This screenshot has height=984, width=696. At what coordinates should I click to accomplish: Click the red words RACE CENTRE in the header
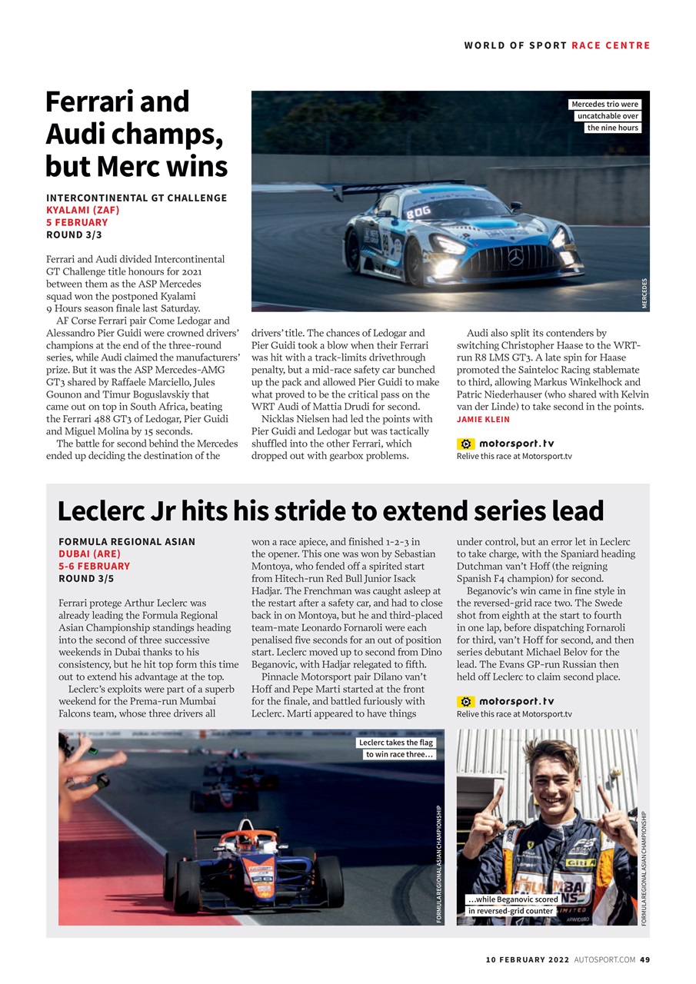611,45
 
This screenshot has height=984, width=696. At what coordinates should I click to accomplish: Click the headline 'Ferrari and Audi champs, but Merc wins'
136,134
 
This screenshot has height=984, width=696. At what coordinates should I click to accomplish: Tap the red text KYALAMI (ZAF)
82,210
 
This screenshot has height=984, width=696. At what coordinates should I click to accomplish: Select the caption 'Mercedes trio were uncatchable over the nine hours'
605,116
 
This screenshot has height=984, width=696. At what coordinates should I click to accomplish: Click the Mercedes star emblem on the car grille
515,257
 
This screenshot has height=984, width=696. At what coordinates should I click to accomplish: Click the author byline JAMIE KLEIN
482,419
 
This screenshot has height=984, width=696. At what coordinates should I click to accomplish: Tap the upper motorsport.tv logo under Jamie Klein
505,444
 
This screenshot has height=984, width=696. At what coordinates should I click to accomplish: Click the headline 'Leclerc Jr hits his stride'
331,510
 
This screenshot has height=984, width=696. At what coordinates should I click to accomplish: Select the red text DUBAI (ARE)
89,553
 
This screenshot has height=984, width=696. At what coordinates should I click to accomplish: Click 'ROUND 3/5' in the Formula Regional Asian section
86,578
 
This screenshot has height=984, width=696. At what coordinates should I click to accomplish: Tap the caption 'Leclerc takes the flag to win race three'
397,748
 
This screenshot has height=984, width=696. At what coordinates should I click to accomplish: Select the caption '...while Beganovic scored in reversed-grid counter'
513,905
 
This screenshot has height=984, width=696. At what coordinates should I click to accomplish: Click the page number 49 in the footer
644,959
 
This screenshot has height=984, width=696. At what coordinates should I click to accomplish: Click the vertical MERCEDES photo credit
644,294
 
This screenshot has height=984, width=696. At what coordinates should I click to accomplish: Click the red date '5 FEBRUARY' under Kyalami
77,222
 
